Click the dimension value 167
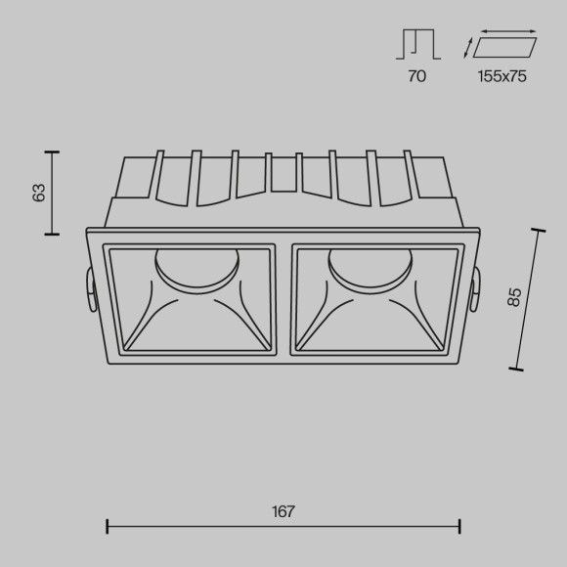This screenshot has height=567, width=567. pos(283,511)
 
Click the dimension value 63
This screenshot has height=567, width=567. pos(40,193)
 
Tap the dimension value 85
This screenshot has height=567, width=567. pos(514,296)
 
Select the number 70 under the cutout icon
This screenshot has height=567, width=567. pos(417,76)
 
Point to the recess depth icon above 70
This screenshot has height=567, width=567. pos(417,45)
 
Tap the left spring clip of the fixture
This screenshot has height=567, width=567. pos(89,290)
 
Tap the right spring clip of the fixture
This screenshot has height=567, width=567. pos(478,290)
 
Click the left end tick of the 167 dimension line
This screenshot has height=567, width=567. pos(107,528)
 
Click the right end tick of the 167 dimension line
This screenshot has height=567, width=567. pos(459,528)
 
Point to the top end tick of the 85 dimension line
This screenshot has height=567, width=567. pos(538,231)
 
